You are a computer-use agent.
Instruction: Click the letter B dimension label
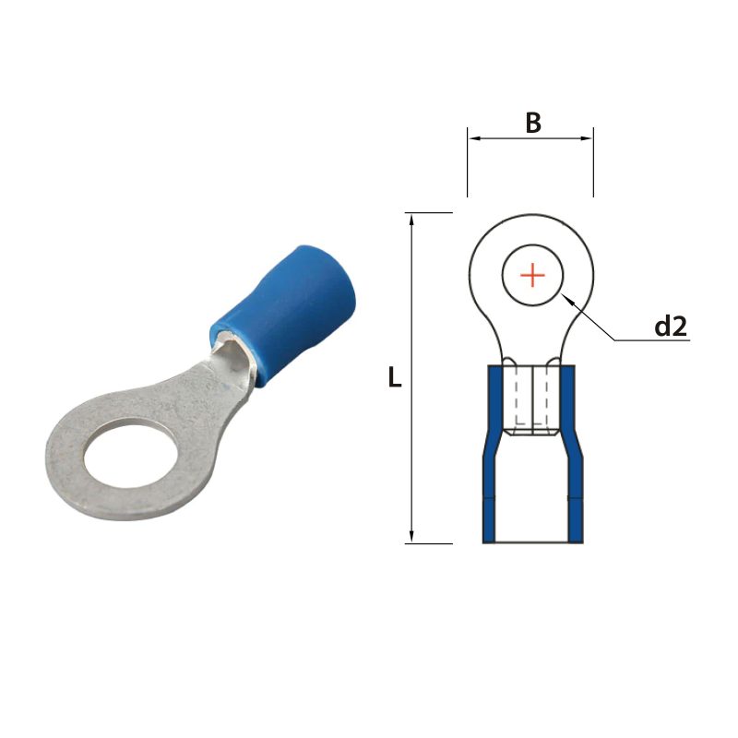click(532, 123)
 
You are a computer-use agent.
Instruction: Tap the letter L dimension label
click(395, 377)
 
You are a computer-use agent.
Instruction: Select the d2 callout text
click(671, 326)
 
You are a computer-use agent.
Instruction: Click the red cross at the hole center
click(532, 275)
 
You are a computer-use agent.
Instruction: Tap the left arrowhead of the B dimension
click(473, 139)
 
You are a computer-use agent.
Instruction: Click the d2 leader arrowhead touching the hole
click(566, 299)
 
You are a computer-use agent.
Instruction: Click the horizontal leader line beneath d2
click(655, 340)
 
